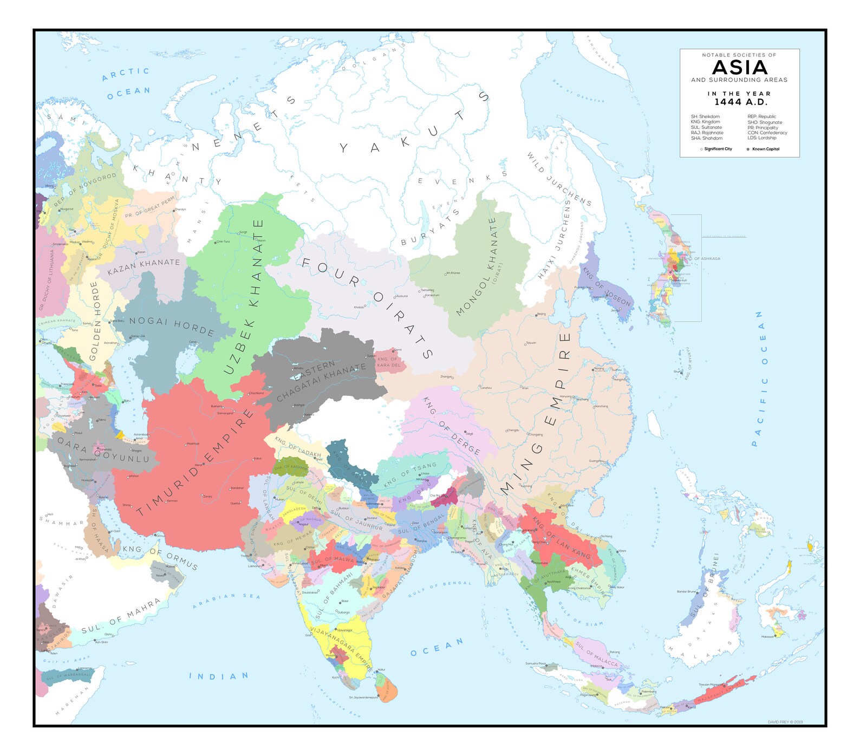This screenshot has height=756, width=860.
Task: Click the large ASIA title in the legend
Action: [x=740, y=68]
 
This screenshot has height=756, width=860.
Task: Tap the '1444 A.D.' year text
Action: [x=740, y=102]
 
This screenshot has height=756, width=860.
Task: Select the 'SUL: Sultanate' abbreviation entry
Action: [x=706, y=127]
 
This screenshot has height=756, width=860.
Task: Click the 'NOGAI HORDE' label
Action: [x=172, y=326]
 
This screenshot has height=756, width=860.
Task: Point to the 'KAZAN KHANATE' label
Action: [x=144, y=266]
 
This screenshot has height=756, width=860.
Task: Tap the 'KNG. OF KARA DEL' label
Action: [x=389, y=362]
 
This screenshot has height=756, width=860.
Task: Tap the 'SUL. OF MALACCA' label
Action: [x=596, y=654]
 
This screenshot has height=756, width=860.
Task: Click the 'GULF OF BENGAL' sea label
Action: [x=439, y=589]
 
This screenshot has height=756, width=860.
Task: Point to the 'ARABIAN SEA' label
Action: [x=227, y=601]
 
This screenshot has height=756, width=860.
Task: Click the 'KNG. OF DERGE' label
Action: [x=451, y=426]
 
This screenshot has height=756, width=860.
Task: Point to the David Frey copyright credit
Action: [x=785, y=722]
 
